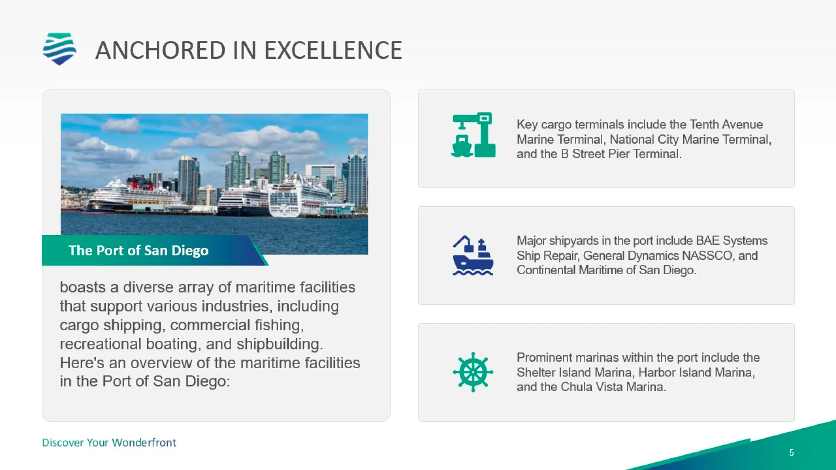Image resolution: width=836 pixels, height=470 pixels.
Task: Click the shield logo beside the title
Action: pyautogui.click(x=60, y=49)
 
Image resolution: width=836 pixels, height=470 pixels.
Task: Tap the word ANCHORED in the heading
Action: pyautogui.click(x=160, y=50)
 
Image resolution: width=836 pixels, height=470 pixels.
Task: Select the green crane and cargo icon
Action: pyautogui.click(x=473, y=135)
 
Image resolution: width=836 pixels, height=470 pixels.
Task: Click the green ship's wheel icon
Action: pyautogui.click(x=473, y=372)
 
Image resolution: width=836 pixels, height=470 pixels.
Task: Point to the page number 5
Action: pyautogui.click(x=792, y=453)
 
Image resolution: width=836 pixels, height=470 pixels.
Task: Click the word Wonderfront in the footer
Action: pyautogui.click(x=144, y=443)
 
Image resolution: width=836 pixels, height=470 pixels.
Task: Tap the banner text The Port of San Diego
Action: pyautogui.click(x=138, y=251)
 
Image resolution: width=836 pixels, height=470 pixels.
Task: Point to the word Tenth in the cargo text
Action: pyautogui.click(x=704, y=124)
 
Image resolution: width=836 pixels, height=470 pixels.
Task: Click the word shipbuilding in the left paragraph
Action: pyautogui.click(x=280, y=344)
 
